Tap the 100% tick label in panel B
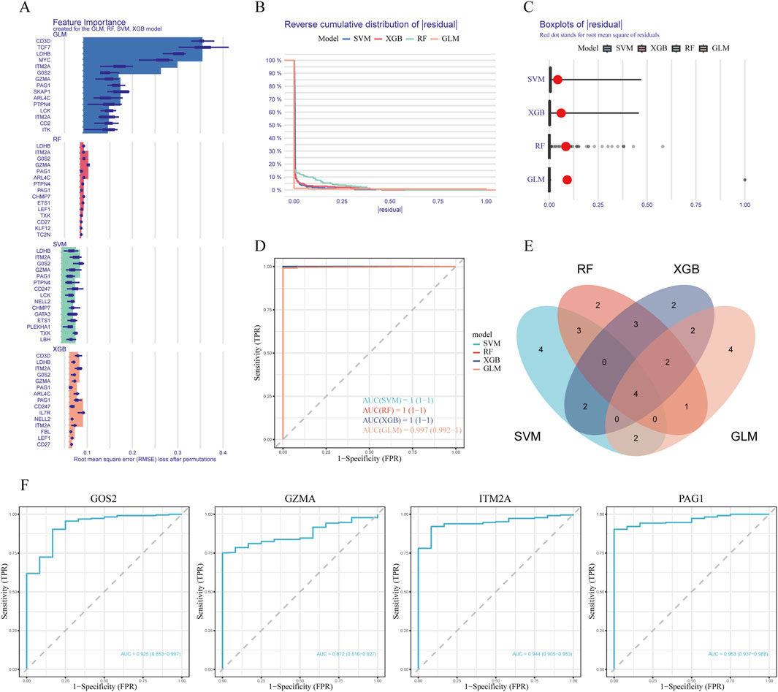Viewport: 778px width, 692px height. pos(275,60)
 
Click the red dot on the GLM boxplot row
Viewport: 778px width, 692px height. pos(567,179)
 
